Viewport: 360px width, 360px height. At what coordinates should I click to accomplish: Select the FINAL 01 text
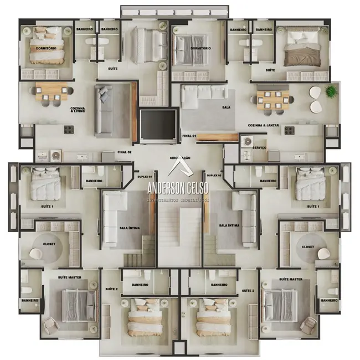(189, 135)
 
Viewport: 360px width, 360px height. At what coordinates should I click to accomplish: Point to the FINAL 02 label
(124, 152)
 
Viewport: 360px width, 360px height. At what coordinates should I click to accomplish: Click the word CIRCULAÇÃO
(181, 158)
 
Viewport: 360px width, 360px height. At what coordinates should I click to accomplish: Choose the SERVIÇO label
(259, 148)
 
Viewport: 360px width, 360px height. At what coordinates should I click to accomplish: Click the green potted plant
(331, 91)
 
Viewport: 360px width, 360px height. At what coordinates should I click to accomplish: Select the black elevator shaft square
(158, 125)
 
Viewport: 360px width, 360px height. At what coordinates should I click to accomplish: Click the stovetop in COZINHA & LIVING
(69, 130)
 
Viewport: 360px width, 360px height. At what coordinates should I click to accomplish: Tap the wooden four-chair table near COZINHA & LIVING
(51, 92)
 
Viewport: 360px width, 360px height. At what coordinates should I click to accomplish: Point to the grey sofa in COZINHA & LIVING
(104, 109)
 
